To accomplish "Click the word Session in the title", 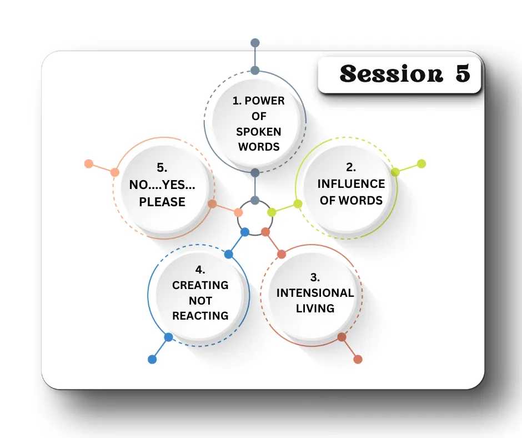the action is click(x=391, y=74).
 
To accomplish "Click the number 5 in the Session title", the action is click(x=463, y=73).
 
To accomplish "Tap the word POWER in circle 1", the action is click(x=265, y=101).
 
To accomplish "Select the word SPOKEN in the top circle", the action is click(x=259, y=132).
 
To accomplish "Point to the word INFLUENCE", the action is click(x=351, y=183).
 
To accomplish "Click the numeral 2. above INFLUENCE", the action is click(x=351, y=167).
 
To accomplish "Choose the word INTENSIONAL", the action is click(x=315, y=293).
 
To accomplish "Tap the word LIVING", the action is click(x=315, y=308).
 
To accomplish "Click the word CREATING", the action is click(x=200, y=285).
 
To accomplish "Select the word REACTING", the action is click(x=200, y=316).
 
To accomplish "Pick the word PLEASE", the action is click(x=162, y=202).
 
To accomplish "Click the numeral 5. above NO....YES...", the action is click(x=162, y=167).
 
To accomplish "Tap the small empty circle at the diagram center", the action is click(x=255, y=218).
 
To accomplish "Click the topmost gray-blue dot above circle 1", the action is click(x=255, y=43).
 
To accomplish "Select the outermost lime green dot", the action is click(x=421, y=163).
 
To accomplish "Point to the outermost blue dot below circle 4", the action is click(x=152, y=359).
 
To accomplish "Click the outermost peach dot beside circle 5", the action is click(x=88, y=163).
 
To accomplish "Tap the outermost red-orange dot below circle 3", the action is click(x=358, y=359).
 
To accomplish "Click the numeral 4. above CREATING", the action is click(x=200, y=270).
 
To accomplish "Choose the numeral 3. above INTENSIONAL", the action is click(x=315, y=277).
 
